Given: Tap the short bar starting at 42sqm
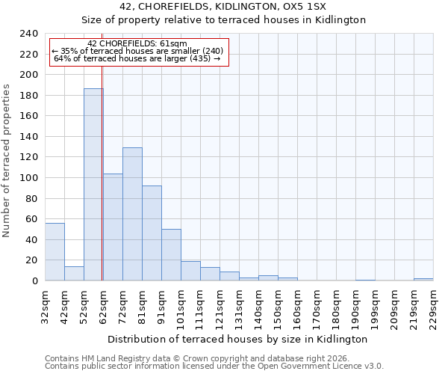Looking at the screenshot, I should [74, 274].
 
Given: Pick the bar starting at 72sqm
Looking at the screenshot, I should [132, 214].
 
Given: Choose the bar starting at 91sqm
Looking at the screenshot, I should [171, 255].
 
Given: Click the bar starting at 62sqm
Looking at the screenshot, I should [113, 227].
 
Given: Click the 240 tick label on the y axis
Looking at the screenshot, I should [29, 34].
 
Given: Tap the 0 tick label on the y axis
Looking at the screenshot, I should [35, 281].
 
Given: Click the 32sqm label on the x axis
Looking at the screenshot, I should [45, 309].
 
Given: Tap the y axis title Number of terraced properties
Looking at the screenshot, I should [7, 160].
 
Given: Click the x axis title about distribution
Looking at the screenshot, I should [237, 339].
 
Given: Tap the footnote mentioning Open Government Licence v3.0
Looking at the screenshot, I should [214, 367].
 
